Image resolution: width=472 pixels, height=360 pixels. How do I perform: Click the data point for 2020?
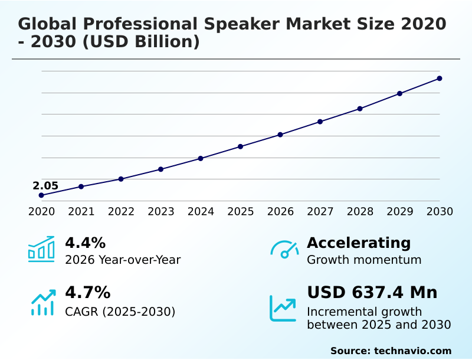click(41, 195)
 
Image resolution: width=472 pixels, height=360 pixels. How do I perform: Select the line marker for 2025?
click(241, 146)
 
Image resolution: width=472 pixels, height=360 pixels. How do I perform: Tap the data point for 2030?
click(440, 78)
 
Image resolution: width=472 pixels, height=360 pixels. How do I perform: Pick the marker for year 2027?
click(320, 122)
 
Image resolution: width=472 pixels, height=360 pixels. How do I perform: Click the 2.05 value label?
click(45, 186)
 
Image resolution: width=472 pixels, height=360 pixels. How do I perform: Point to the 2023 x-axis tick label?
click(161, 212)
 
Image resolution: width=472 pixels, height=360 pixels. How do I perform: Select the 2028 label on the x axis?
click(360, 212)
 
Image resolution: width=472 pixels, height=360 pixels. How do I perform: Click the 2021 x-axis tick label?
click(81, 212)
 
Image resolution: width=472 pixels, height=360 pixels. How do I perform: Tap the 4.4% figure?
click(85, 243)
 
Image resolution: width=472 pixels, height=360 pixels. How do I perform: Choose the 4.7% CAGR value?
click(87, 292)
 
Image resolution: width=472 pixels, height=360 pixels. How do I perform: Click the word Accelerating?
click(359, 243)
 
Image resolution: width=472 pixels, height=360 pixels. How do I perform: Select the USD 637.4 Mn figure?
click(372, 292)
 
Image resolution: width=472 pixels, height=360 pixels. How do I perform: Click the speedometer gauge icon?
click(284, 249)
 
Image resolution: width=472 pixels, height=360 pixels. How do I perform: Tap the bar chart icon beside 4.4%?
click(41, 249)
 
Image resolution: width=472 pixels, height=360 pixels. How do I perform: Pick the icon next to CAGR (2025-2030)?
click(42, 302)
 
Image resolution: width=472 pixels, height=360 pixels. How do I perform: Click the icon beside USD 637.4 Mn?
click(283, 308)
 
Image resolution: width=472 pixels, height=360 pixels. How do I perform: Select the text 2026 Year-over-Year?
click(123, 260)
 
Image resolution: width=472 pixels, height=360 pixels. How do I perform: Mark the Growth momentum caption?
click(364, 260)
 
